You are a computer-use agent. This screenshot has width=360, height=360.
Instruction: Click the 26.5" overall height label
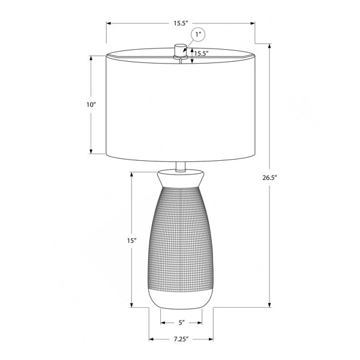(x=270, y=178)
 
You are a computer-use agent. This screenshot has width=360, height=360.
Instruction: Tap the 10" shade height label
(x=91, y=104)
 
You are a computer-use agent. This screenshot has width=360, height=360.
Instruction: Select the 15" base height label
(x=132, y=241)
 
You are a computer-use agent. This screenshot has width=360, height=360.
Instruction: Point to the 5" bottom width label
(x=182, y=323)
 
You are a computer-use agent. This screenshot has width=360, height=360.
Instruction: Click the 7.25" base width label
(x=181, y=339)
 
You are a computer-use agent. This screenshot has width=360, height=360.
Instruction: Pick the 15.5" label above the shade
(x=181, y=23)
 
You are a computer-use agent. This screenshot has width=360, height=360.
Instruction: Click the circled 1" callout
(x=198, y=35)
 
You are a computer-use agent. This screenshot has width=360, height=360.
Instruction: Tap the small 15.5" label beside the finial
(x=202, y=53)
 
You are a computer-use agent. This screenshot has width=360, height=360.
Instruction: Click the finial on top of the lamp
(x=181, y=50)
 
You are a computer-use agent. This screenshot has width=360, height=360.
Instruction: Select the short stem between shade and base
(x=181, y=167)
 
